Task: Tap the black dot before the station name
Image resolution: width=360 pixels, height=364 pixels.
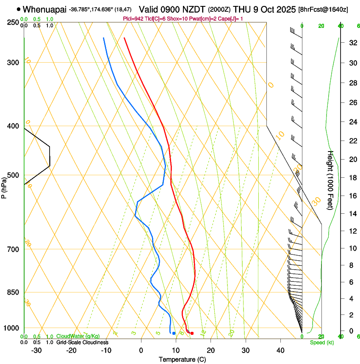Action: coord(19,9)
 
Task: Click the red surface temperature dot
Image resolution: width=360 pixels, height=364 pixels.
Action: coord(192,334)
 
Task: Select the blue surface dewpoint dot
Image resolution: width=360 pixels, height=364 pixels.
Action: coord(174,334)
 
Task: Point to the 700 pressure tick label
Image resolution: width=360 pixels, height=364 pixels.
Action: coord(14,249)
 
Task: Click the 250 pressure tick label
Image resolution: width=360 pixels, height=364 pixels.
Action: coord(14,22)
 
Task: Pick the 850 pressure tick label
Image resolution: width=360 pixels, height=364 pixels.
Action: coord(14,292)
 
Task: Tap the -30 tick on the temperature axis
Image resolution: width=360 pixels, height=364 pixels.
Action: coord(36,350)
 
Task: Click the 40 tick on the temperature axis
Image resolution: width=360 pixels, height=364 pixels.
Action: coord(280,350)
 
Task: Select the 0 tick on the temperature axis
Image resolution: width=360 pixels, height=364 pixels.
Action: coord(141,350)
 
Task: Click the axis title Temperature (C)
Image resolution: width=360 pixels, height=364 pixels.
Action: coord(182,359)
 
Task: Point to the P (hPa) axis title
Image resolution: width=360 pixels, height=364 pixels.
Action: coord(4,186)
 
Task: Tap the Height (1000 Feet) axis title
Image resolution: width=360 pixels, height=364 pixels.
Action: coord(330,180)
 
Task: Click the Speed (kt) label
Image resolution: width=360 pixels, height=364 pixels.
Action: coord(321,342)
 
